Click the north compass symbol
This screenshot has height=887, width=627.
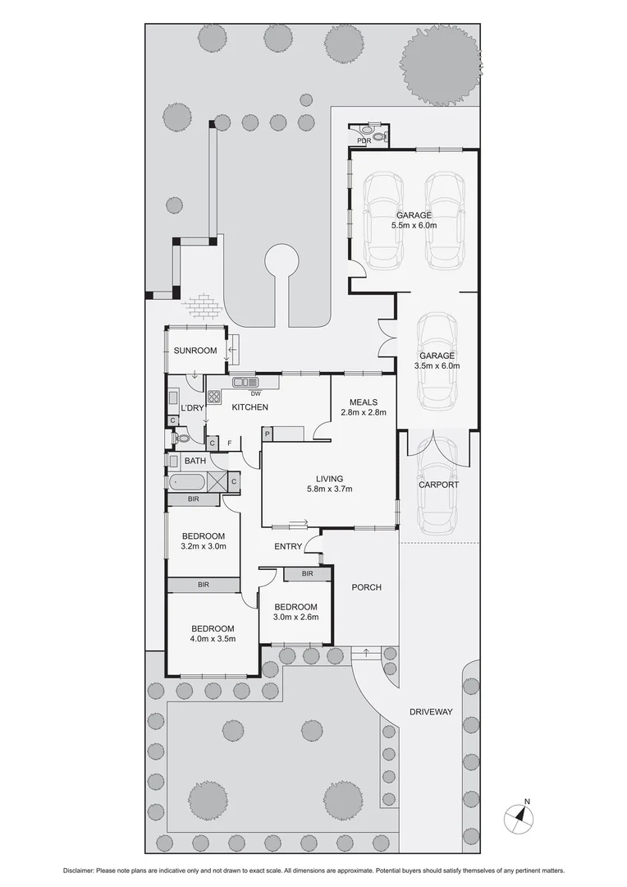[519, 816]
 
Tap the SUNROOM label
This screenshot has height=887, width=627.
[195, 351]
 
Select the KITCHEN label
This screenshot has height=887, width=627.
[249, 407]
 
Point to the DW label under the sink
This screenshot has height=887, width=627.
[245, 393]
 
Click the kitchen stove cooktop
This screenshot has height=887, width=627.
[214, 397]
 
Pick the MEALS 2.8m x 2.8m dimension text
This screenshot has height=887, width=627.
[363, 413]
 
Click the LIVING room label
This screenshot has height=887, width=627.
[329, 479]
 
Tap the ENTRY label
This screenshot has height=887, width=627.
[288, 547]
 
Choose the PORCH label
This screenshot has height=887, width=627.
[365, 587]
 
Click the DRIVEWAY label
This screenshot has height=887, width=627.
[431, 712]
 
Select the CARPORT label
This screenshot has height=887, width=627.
[438, 485]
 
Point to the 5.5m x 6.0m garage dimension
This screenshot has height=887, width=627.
[414, 226]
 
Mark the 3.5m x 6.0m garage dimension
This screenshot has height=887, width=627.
[437, 366]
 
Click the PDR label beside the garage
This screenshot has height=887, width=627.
[364, 141]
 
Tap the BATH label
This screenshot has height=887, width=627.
[195, 461]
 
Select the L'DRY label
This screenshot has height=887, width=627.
[192, 408]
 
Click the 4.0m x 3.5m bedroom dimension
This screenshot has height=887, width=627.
[213, 638]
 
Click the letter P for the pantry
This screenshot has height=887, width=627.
[268, 434]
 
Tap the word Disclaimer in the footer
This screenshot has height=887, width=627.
[82, 871]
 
